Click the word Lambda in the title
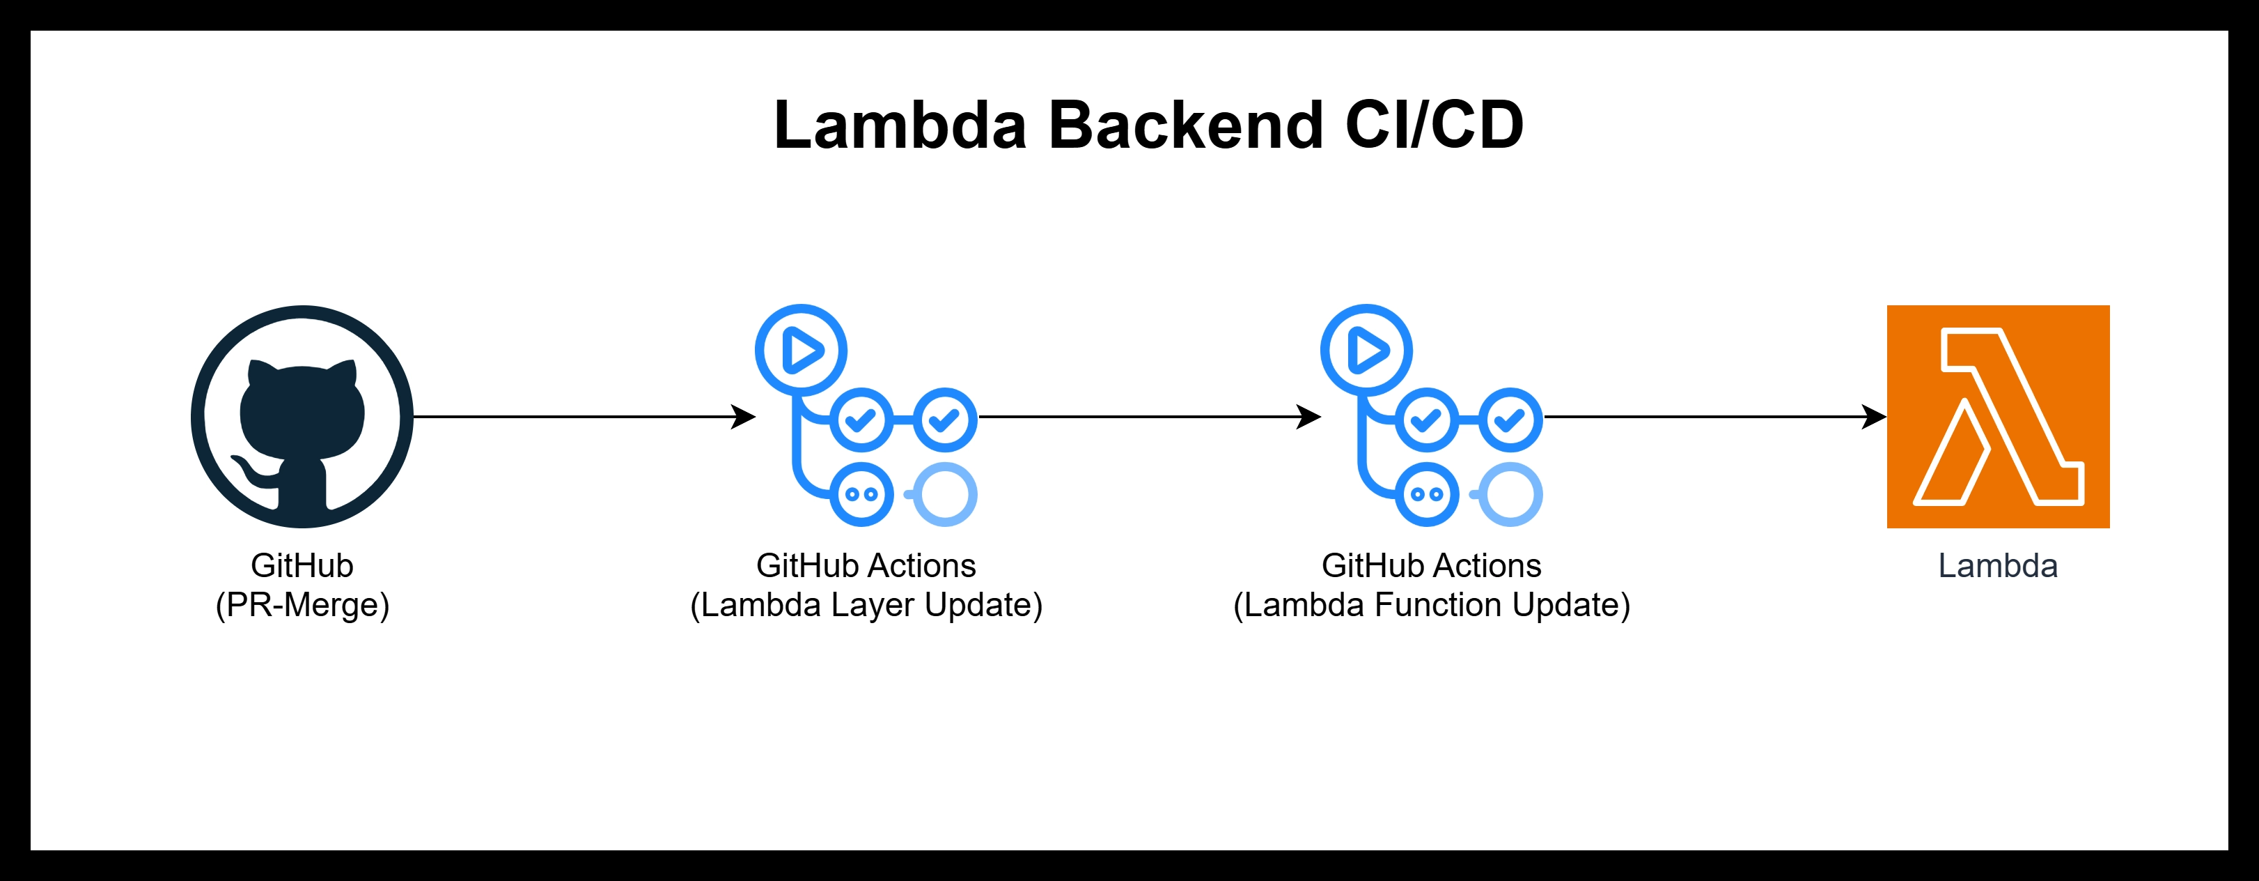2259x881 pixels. coord(900,125)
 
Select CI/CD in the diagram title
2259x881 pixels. coord(1434,125)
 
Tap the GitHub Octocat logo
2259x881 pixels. coord(302,417)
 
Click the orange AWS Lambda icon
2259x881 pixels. coord(1998,417)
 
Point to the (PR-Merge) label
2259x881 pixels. coord(302,604)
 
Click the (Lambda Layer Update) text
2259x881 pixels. coord(866,604)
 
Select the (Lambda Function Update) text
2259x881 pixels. coord(1431,604)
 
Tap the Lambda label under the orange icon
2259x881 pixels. coord(1998,566)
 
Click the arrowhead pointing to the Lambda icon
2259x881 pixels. coord(1874,417)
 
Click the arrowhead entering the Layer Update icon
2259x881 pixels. coord(744,417)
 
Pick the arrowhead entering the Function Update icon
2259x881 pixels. coord(1309,417)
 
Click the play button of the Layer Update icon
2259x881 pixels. coord(802,350)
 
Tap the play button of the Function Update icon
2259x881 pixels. coord(1367,350)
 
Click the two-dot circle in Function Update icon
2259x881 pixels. coord(1427,494)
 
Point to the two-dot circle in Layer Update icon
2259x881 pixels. coord(861,494)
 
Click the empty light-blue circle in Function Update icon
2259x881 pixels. coord(1511,494)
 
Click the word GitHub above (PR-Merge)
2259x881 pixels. coord(302,566)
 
